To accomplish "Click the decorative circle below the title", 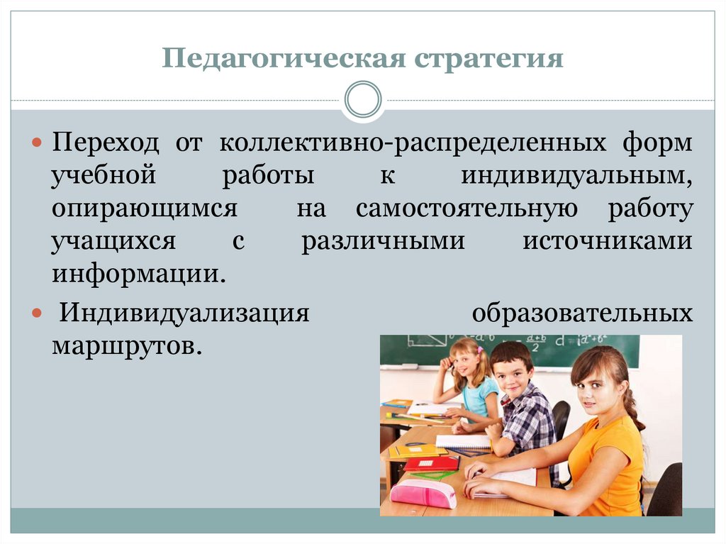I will click(363, 99).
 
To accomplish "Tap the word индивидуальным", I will click(576, 176).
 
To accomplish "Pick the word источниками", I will click(608, 241).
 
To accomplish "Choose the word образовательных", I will click(582, 313).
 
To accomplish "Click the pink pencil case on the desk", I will click(423, 493).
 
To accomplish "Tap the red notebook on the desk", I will click(431, 463).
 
